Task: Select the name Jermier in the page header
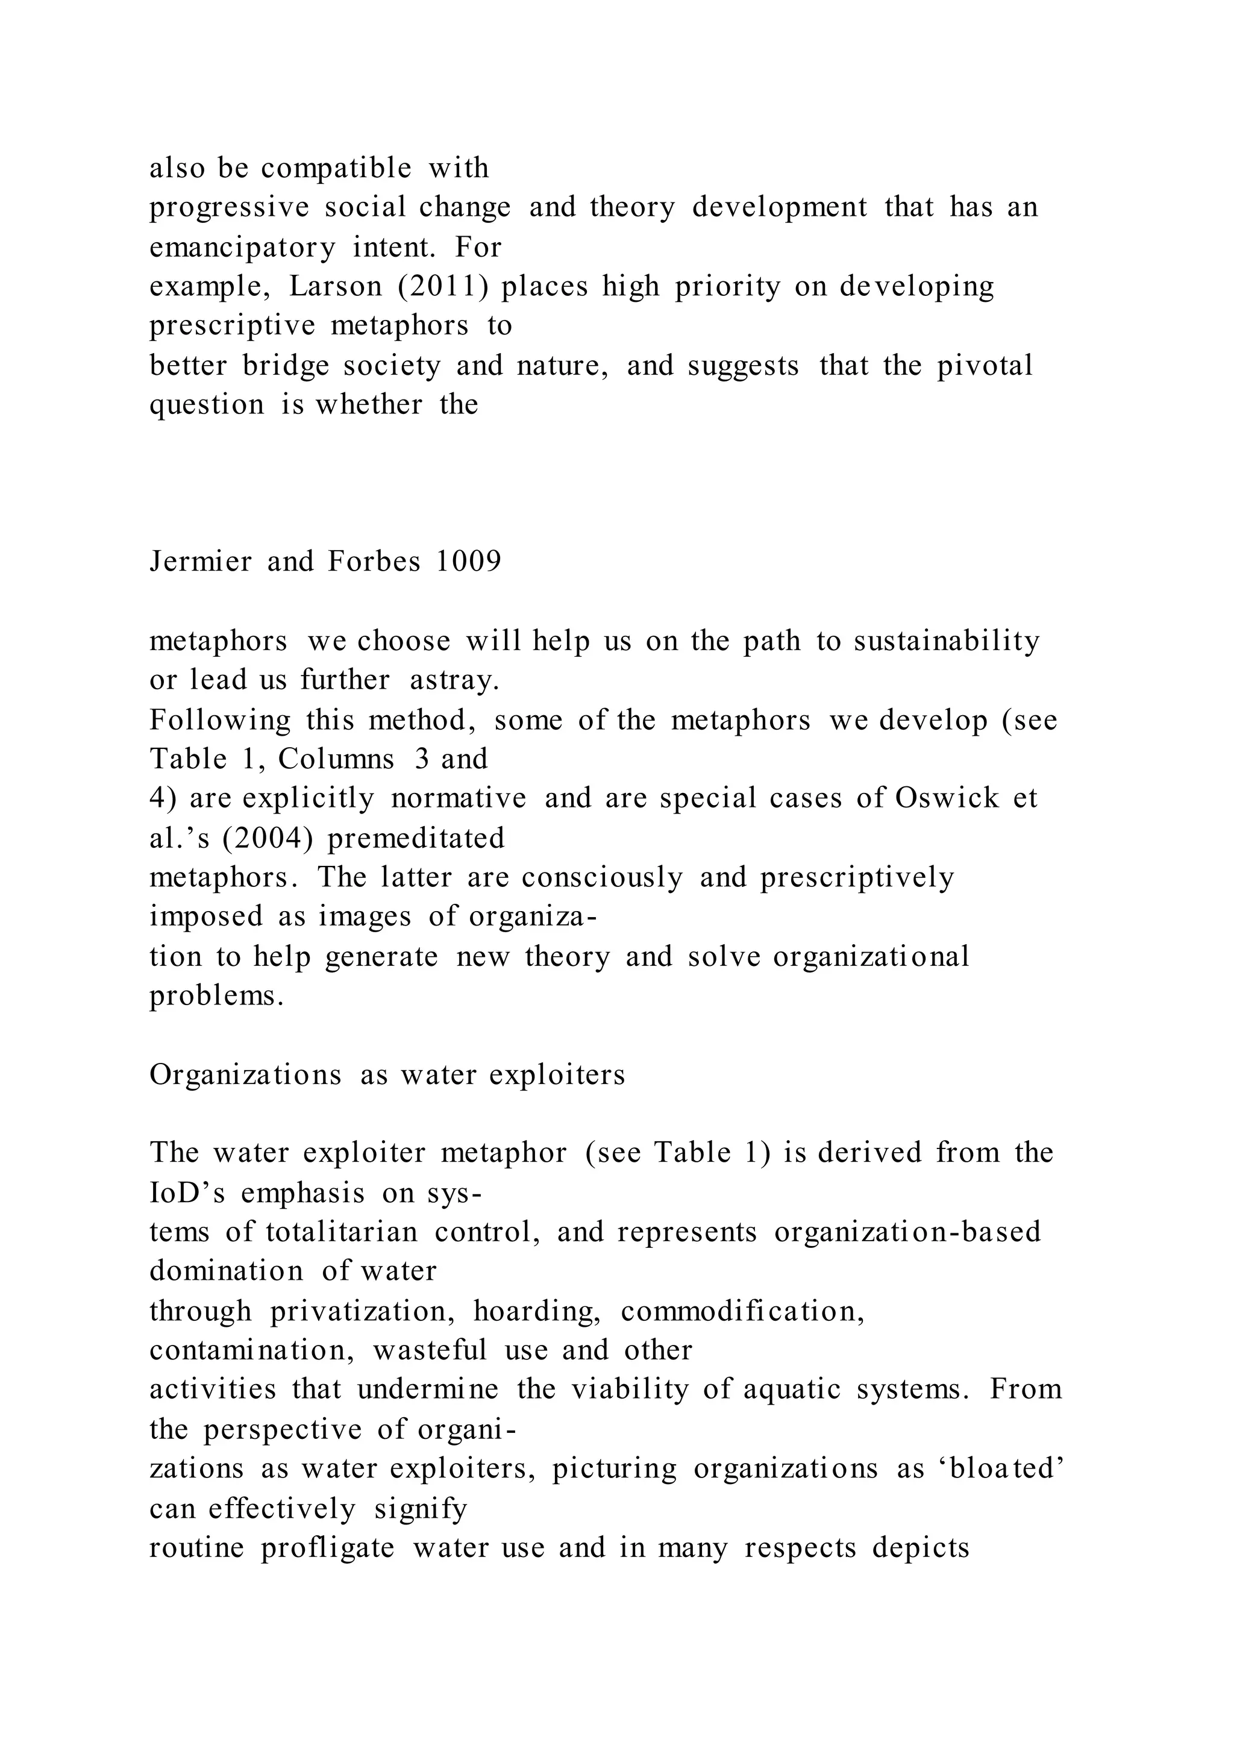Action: coord(201,562)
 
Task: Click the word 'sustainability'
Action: coord(946,642)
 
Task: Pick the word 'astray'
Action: coord(454,680)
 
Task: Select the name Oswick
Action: coord(947,798)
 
